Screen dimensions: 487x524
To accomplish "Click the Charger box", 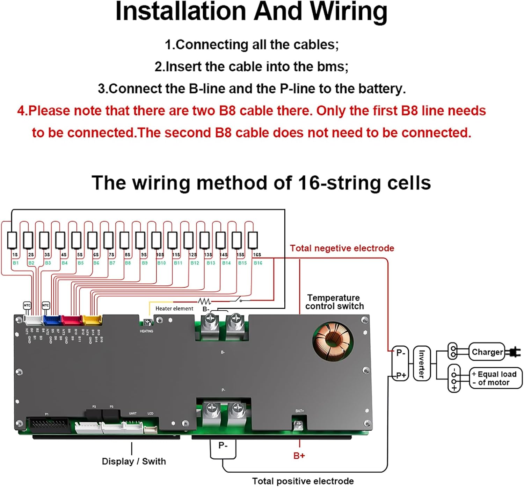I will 487,352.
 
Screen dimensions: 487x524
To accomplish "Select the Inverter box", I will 422,364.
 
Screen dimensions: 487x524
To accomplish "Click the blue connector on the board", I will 52,320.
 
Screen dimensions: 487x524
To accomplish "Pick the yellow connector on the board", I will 92,320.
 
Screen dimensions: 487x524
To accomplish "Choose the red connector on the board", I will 72,320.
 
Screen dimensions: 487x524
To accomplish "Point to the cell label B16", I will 258,263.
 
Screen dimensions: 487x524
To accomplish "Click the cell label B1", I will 16,263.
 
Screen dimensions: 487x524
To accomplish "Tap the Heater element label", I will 174,309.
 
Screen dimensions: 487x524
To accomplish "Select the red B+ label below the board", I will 299,456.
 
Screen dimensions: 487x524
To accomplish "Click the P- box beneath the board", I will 223,449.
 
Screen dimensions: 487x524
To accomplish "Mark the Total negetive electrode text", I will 342,248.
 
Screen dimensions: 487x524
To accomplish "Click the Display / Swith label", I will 134,461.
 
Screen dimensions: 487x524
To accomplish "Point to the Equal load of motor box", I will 495,378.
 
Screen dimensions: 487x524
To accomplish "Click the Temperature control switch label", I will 334,302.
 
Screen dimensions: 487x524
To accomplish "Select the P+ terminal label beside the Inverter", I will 401,375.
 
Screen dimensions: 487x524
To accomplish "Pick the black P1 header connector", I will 49,425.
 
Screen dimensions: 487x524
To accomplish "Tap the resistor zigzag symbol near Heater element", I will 204,301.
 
